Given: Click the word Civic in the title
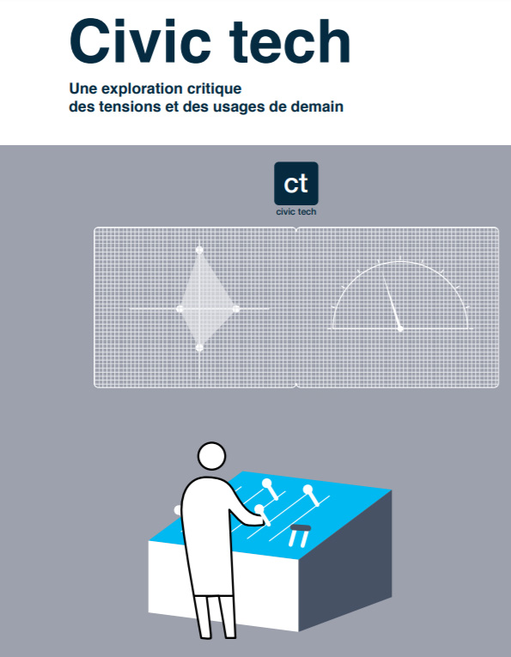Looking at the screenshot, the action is [140, 41].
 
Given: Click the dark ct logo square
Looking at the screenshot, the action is [296, 183].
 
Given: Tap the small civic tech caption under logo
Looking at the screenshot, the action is [296, 211].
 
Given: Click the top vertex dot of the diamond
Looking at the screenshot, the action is [199, 250].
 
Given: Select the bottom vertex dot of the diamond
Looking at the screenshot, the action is [199, 347].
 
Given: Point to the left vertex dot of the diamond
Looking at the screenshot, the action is [179, 309].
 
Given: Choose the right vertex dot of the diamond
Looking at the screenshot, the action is [236, 309].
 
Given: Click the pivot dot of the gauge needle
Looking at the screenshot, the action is [400, 328].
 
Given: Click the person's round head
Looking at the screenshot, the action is [211, 456].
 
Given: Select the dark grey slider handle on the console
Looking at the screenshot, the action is [301, 528].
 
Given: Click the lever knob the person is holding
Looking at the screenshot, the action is [259, 509].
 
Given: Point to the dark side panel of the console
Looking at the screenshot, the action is [345, 562].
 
